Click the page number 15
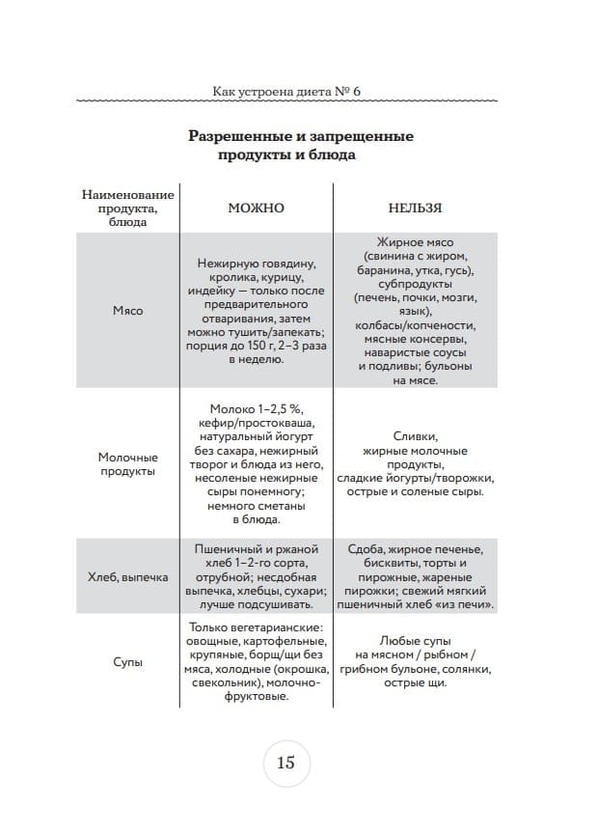[x=285, y=762]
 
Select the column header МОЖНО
[x=256, y=207]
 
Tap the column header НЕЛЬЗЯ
[x=416, y=207]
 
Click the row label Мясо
[x=127, y=311]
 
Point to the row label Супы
[x=127, y=664]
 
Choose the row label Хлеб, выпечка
[x=127, y=577]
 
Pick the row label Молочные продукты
[x=127, y=463]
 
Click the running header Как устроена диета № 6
[x=285, y=91]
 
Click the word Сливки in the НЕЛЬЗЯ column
[x=416, y=435]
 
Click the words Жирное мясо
[x=416, y=241]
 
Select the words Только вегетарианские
[x=256, y=627]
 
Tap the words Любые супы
[x=416, y=641]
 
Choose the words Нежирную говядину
[x=256, y=263]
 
